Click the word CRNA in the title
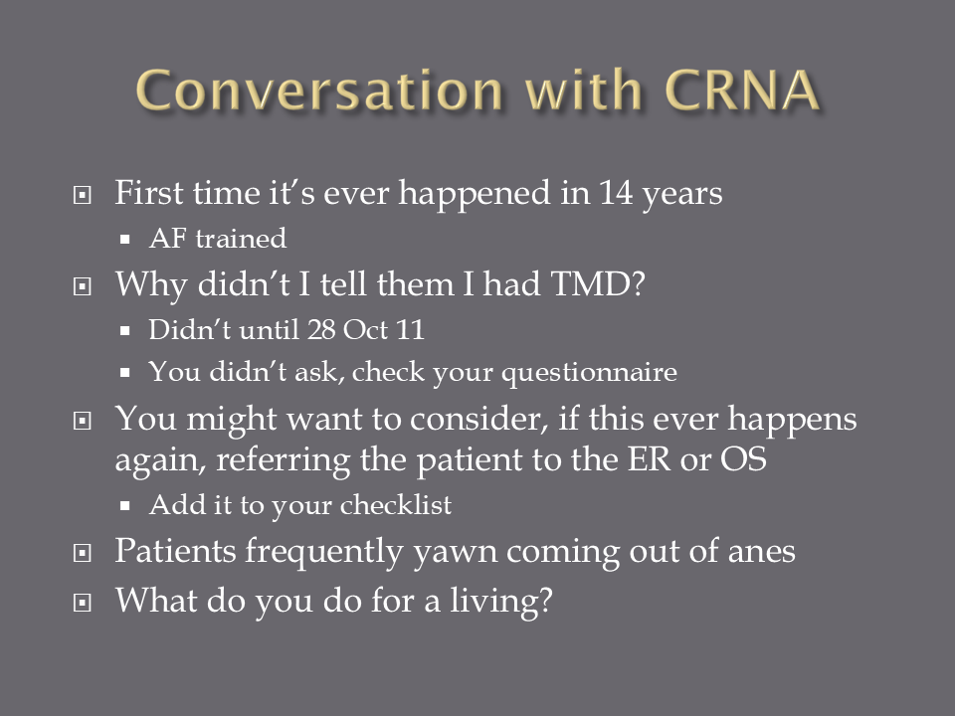(741, 89)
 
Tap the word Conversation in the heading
(319, 89)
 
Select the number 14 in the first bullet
(616, 192)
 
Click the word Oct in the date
(365, 329)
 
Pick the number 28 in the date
(321, 329)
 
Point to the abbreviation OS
(743, 459)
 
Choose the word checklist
(396, 505)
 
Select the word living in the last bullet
(500, 601)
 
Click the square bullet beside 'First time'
(83, 196)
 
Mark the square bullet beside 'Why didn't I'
(83, 286)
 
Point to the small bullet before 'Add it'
(125, 505)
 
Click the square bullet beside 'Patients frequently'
(83, 554)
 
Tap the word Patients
(175, 551)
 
